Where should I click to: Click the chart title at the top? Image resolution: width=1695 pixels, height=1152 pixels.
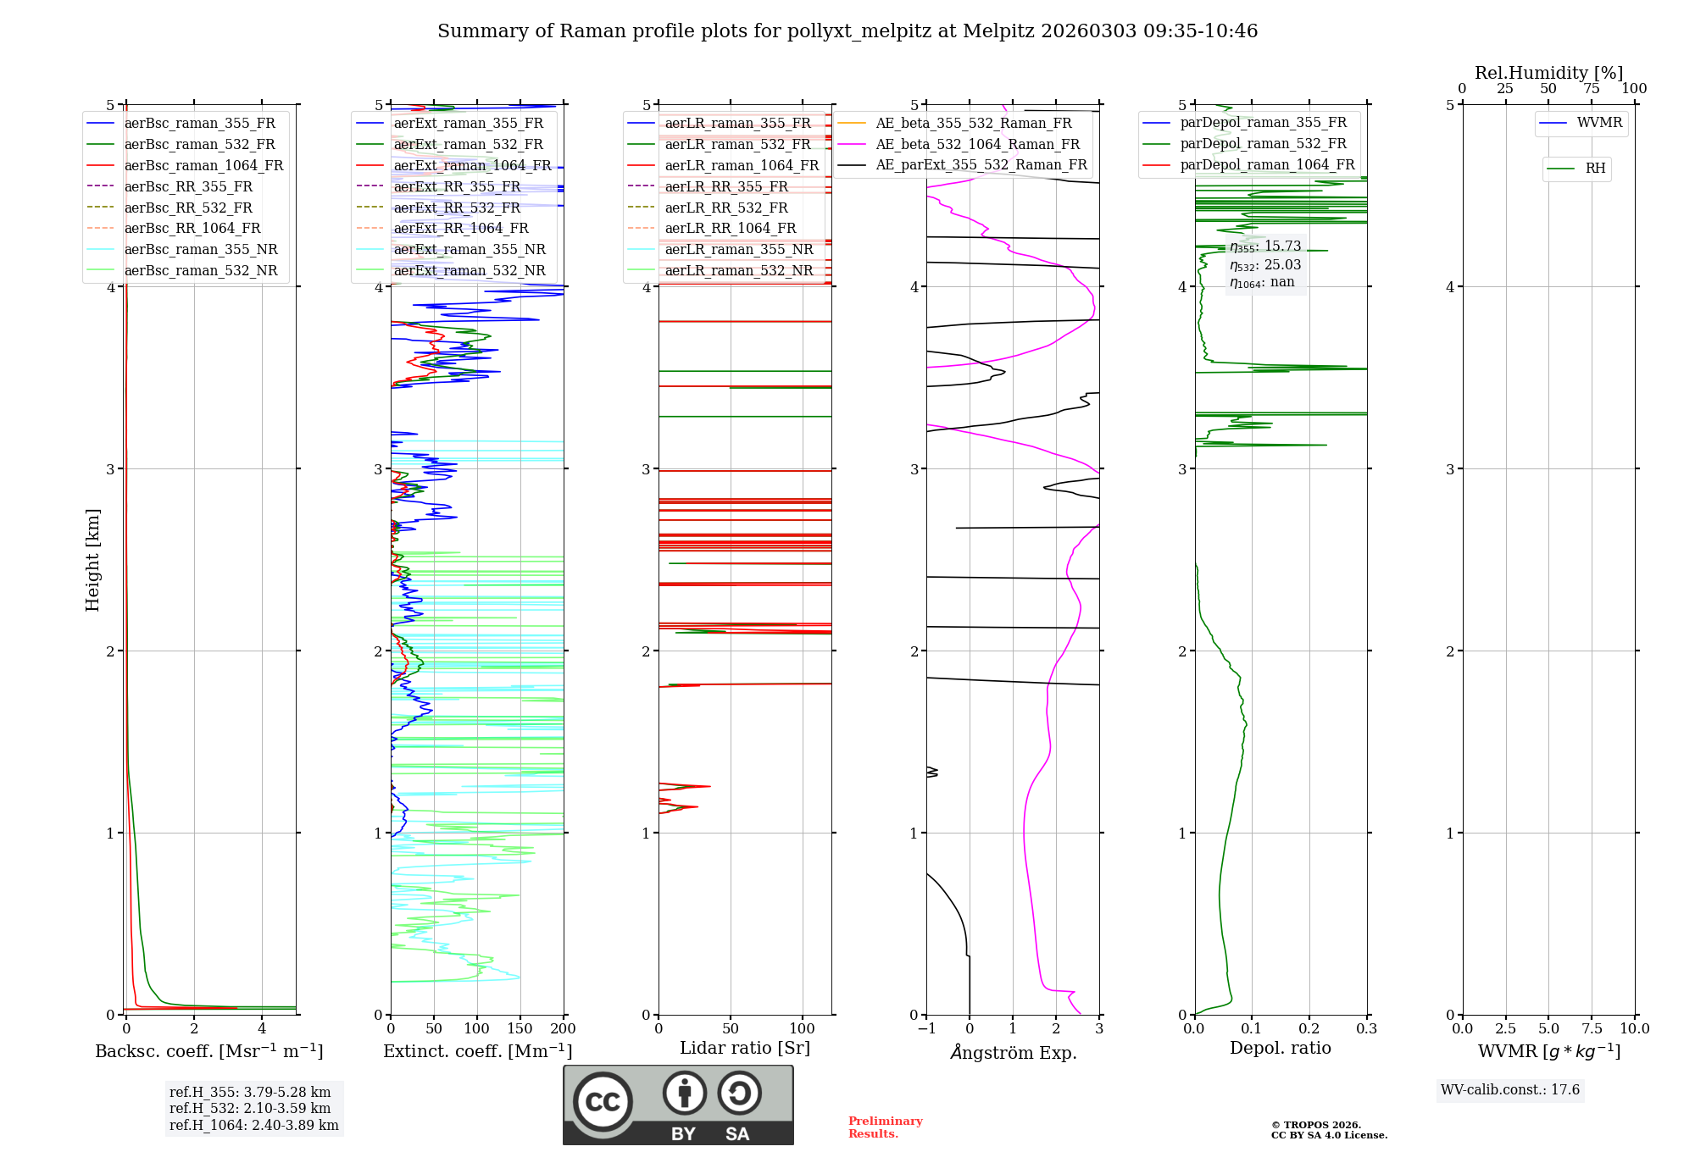tap(847, 31)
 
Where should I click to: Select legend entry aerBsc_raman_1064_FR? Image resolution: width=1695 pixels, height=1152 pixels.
tap(203, 166)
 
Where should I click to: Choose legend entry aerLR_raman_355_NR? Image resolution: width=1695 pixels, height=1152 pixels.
tap(738, 250)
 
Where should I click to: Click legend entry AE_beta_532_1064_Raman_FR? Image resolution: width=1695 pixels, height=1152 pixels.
tap(977, 145)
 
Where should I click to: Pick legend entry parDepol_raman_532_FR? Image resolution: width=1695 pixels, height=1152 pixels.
tap(1263, 144)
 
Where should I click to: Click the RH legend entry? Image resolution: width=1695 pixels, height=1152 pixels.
tap(1595, 169)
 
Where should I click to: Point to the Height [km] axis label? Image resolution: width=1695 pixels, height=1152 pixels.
tap(92, 560)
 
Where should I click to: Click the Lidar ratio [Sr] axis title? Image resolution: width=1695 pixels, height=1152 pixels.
tap(745, 1048)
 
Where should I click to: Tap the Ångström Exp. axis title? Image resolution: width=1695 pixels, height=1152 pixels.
tap(1013, 1052)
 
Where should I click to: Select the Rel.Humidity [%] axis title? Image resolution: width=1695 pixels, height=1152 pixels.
tap(1548, 73)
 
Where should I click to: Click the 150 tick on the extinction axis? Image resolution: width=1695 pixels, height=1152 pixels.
tap(520, 1028)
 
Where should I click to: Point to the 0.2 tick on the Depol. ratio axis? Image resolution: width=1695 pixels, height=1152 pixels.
tap(1309, 1028)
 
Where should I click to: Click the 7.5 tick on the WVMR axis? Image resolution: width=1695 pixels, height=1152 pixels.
tap(1592, 1028)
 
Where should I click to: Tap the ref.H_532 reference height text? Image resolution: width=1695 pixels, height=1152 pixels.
tap(250, 1108)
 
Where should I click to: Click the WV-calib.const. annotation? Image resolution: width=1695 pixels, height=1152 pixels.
tap(1510, 1090)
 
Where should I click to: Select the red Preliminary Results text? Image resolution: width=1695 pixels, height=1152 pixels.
tap(885, 1127)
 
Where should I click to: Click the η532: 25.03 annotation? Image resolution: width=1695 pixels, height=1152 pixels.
tap(1265, 265)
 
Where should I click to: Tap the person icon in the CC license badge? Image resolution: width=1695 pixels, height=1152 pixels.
tap(685, 1094)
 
